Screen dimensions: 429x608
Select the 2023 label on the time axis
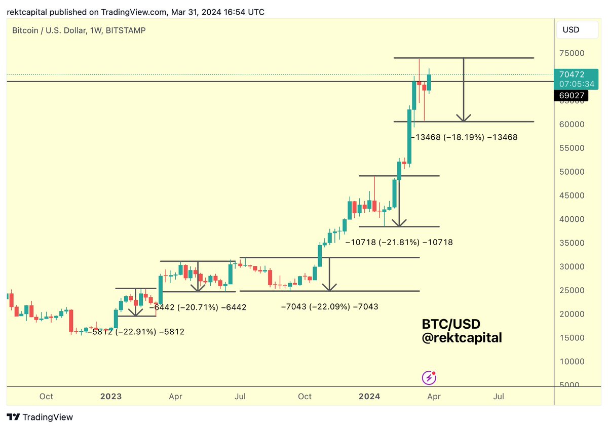(x=111, y=396)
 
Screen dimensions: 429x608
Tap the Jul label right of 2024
(x=499, y=396)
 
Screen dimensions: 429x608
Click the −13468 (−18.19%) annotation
(x=464, y=137)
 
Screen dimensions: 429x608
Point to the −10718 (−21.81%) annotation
(x=399, y=243)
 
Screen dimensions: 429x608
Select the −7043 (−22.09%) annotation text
(x=329, y=306)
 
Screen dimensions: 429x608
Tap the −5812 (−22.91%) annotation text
(x=136, y=332)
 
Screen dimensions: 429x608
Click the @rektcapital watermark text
(x=462, y=338)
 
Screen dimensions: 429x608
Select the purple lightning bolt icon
(x=429, y=377)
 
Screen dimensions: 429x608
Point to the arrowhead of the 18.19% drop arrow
(x=463, y=119)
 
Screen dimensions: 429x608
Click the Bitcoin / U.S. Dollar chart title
(x=79, y=30)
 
